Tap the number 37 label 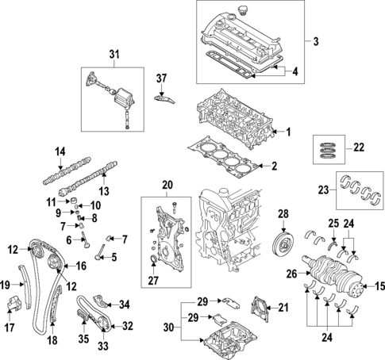162,78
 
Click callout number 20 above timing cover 167,186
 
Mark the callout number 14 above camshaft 60,151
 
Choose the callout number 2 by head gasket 275,166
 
